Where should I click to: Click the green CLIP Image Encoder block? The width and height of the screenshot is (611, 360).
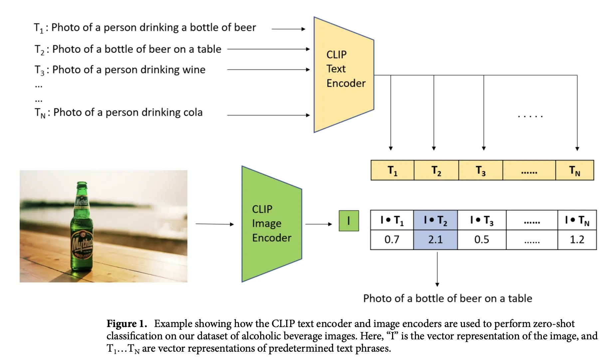(x=272, y=224)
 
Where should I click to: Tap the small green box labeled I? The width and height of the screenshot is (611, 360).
(x=349, y=221)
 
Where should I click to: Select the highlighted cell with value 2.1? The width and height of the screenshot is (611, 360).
(x=435, y=240)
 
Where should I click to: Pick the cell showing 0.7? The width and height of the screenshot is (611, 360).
(x=392, y=240)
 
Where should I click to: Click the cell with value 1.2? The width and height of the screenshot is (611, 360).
(x=577, y=240)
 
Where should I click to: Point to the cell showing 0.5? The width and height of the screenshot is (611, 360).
(x=482, y=240)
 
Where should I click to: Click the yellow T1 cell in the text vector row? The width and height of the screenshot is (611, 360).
(x=392, y=170)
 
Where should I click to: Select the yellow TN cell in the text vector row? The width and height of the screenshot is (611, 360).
(x=574, y=170)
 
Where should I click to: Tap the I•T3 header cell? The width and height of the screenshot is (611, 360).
(x=482, y=220)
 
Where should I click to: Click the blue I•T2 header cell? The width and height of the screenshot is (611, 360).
(x=435, y=220)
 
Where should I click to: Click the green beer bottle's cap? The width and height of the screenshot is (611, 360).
(x=82, y=184)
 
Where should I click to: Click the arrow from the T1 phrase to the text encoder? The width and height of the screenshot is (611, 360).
(x=288, y=29)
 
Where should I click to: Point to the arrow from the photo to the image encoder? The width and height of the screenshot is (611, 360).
(x=215, y=224)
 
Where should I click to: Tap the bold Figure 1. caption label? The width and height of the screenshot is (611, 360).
(x=126, y=324)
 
